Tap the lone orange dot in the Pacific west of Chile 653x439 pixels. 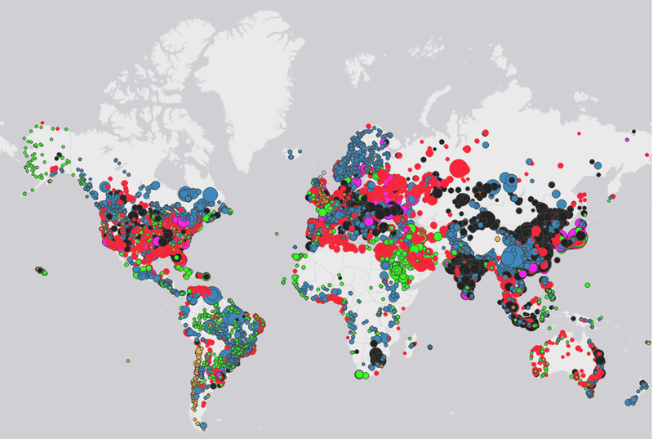pyautogui.click(x=127, y=361)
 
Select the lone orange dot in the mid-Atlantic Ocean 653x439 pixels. pyautogui.click(x=277, y=234)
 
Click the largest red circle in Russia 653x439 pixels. pyautogui.click(x=460, y=168)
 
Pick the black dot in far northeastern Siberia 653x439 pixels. pyautogui.click(x=633, y=132)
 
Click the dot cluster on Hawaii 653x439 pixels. pyautogui.click(x=40, y=270)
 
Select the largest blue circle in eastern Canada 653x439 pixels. pyautogui.click(x=209, y=195)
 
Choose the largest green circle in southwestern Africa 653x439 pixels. pyautogui.click(x=360, y=374)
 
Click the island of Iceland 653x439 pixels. pyautogui.click(x=295, y=152)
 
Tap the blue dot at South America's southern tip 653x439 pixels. pyautogui.click(x=203, y=425)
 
